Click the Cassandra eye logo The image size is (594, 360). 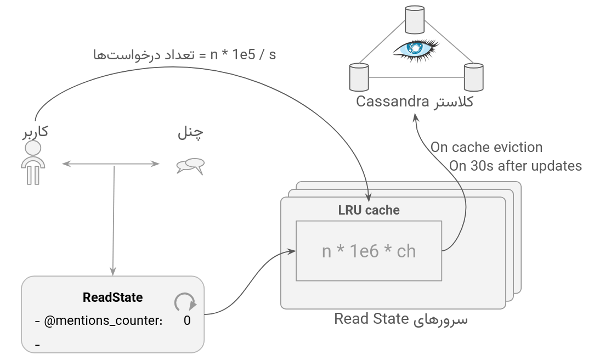[x=415, y=49]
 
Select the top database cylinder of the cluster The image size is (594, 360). [x=415, y=19]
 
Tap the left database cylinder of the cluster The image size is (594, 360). [x=359, y=77]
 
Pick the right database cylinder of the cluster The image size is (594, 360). [x=473, y=77]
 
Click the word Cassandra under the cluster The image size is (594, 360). [x=392, y=102]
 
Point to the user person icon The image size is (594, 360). [x=33, y=162]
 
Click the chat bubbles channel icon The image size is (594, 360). [x=190, y=166]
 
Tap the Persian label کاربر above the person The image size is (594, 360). [x=35, y=132]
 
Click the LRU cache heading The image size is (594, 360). [x=369, y=210]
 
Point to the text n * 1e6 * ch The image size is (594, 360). [x=369, y=251]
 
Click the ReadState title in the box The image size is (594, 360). [x=112, y=297]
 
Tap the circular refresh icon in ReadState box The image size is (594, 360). [x=185, y=302]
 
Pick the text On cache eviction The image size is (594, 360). [x=486, y=147]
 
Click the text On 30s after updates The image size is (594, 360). [x=516, y=166]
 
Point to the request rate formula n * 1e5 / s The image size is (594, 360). [x=243, y=55]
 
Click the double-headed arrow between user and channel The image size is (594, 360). [x=110, y=164]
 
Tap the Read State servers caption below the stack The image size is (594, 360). [x=401, y=319]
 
